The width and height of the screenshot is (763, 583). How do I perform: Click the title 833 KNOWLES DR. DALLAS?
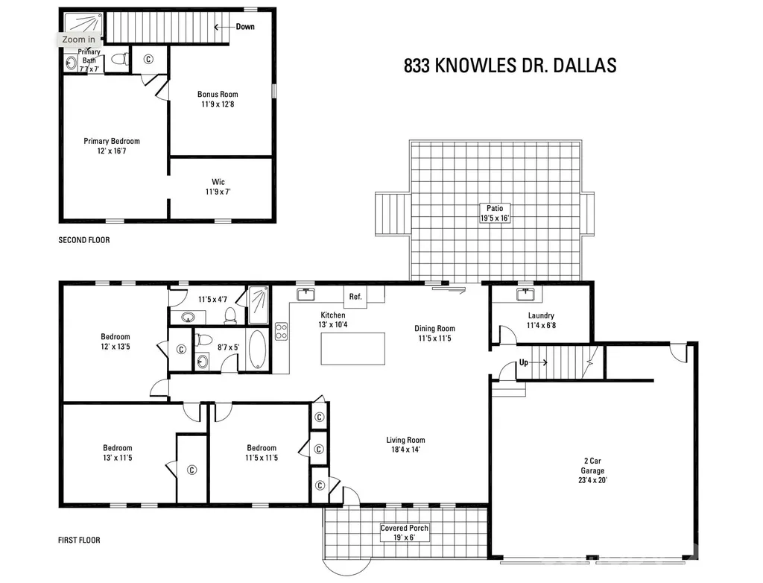coord(510,66)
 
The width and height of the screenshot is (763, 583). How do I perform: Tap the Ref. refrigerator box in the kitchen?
coord(355,296)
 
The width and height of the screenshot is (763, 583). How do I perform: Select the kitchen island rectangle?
coord(352,349)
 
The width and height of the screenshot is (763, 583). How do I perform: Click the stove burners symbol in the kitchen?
coord(281,331)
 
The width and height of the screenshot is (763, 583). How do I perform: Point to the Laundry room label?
coord(541,320)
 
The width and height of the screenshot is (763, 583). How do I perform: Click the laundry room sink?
coord(525,294)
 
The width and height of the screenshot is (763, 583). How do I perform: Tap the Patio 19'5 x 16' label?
coord(495,213)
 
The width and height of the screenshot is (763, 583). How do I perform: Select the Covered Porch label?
coord(405,532)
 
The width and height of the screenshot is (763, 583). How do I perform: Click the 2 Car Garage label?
coord(592,470)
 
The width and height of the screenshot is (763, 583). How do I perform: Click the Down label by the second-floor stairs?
coord(245,27)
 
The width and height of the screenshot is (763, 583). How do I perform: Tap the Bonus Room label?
coord(218,99)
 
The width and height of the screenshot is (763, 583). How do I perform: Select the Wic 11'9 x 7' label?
coord(218,186)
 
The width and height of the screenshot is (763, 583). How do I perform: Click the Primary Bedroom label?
coord(112,145)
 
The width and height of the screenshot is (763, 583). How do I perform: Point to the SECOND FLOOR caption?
coord(84,239)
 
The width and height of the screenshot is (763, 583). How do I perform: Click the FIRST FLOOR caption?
coord(79,540)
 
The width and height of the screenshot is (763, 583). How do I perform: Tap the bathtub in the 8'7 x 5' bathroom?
coord(257,349)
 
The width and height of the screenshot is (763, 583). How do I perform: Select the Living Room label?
coord(405,444)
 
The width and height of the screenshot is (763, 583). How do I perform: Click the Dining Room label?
coord(434,333)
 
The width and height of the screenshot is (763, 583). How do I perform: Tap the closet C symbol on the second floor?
coord(148,59)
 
